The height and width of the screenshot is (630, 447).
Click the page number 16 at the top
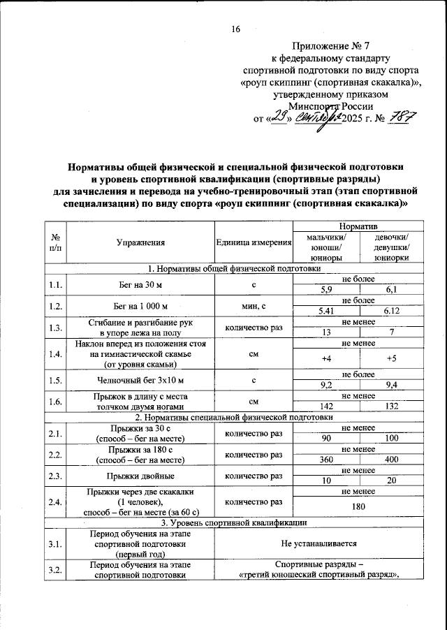click(235, 29)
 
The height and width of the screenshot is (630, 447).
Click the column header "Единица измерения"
click(254, 243)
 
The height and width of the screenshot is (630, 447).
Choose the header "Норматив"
click(358, 228)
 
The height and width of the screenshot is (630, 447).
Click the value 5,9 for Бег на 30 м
click(325, 289)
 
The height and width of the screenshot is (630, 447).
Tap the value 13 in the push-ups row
click(325, 332)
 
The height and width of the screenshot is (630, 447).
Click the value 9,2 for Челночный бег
click(325, 385)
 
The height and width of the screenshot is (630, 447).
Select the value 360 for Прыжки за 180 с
click(325, 460)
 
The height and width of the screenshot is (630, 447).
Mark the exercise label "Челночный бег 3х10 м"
click(143, 380)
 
